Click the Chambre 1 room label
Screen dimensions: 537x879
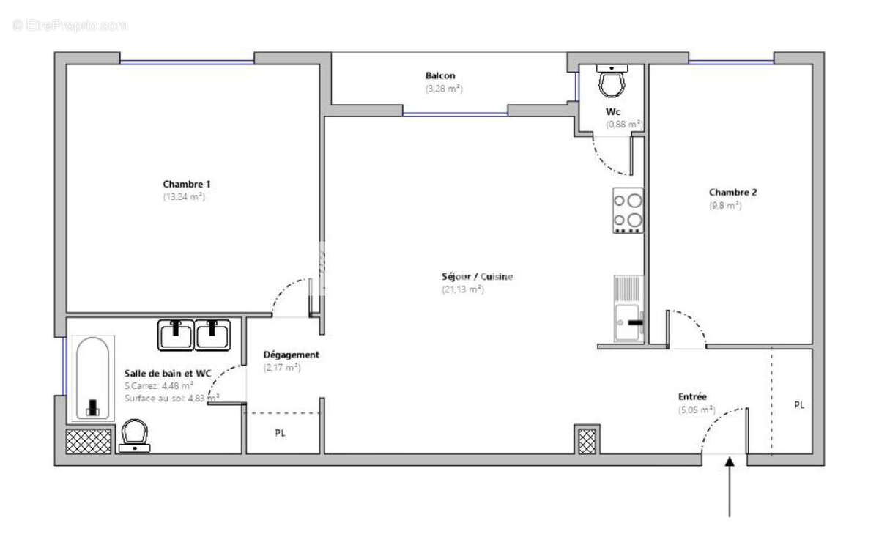coord(182,184)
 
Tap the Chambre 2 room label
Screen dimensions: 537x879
coord(732,193)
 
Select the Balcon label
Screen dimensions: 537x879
coord(440,75)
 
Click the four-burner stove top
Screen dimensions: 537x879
coord(628,210)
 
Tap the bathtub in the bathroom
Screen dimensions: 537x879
coord(92,378)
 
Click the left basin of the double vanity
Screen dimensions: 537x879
coord(176,335)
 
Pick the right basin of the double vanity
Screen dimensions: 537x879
coord(212,335)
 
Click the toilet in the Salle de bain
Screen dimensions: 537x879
coord(135,434)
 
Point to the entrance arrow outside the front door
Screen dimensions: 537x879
coord(729,487)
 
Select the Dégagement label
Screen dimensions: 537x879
coord(291,355)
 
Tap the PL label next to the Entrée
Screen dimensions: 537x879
coord(798,404)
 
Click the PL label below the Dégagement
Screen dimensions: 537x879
coord(280,433)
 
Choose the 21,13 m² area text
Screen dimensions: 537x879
coord(462,289)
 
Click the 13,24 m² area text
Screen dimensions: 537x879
coord(183,196)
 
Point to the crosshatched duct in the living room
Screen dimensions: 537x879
coord(587,440)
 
